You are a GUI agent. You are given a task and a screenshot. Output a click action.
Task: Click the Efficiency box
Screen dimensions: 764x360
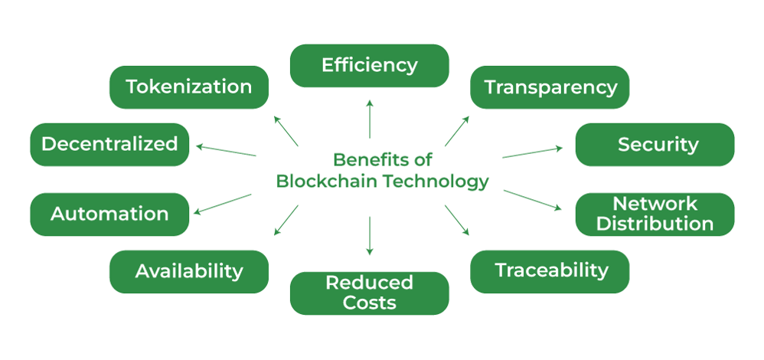(369, 65)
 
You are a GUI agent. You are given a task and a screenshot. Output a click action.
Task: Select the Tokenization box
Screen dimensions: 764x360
(189, 87)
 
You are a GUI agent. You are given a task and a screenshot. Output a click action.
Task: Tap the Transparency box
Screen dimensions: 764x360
(550, 87)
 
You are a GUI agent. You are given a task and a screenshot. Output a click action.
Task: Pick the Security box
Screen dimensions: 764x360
(655, 144)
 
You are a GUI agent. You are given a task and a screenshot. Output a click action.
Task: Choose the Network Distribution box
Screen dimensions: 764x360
(655, 214)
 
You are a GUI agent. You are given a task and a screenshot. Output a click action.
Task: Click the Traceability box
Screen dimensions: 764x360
(550, 270)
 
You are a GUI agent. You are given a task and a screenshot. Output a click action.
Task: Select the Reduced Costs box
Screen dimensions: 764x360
(369, 293)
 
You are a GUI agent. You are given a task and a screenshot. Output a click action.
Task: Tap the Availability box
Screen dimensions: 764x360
(189, 271)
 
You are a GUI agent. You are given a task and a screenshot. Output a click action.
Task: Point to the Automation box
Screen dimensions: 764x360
(109, 214)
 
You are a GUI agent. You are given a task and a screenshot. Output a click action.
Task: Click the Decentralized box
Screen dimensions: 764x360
(109, 144)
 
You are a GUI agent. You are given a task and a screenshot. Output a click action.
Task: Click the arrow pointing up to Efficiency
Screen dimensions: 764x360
(370, 118)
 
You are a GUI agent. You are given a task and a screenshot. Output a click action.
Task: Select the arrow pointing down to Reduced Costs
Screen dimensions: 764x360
(370, 235)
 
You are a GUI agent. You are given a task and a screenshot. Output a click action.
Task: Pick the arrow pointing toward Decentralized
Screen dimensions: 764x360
(226, 149)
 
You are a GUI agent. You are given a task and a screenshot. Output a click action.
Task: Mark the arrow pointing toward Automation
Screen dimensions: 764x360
(224, 204)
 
